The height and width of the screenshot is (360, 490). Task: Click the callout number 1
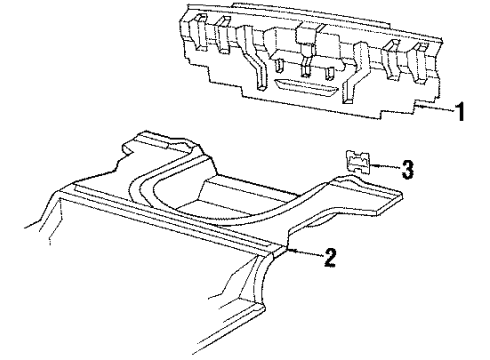[x=459, y=113]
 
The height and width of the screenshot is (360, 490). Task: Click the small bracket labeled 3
[x=359, y=163]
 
